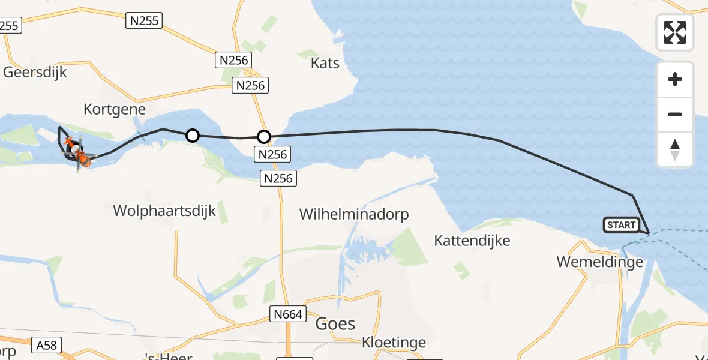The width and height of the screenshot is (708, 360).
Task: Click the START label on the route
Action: click(x=621, y=225)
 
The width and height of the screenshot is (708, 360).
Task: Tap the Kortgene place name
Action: click(x=115, y=109)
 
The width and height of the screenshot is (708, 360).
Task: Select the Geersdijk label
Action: click(x=35, y=73)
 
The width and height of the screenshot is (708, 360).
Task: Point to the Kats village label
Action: click(x=325, y=63)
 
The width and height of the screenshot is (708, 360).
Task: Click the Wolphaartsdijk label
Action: click(x=164, y=211)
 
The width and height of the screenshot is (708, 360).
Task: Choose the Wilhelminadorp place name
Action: click(x=354, y=214)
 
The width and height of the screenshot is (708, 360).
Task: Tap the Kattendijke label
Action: click(x=472, y=241)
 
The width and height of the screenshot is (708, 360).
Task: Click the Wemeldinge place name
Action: click(x=600, y=262)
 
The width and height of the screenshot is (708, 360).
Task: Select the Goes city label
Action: click(x=335, y=323)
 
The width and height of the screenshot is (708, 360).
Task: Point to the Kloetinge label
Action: click(x=394, y=343)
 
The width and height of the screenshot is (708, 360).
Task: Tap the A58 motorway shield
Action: click(x=46, y=345)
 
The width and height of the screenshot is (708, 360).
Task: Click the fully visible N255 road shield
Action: click(x=145, y=21)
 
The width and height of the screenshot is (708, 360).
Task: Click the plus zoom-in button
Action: click(x=675, y=80)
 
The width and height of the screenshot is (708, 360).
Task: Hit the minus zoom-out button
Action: click(x=675, y=114)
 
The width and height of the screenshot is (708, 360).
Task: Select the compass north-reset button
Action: click(x=675, y=149)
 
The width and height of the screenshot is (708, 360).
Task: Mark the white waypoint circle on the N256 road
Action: click(x=264, y=137)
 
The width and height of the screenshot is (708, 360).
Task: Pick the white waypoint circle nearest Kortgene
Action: click(x=192, y=136)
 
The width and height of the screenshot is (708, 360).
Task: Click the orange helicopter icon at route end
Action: click(x=84, y=160)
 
